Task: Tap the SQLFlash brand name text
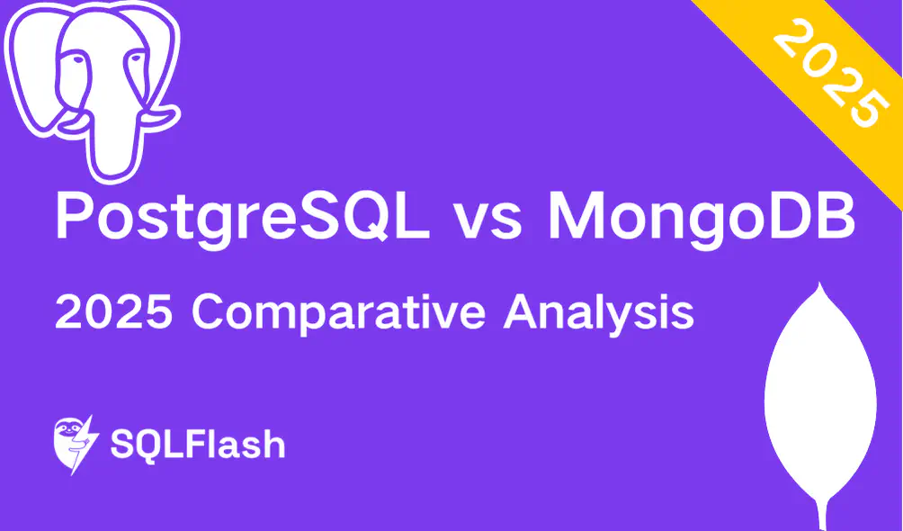pyautogui.click(x=197, y=445)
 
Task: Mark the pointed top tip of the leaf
pyautogui.click(x=818, y=285)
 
